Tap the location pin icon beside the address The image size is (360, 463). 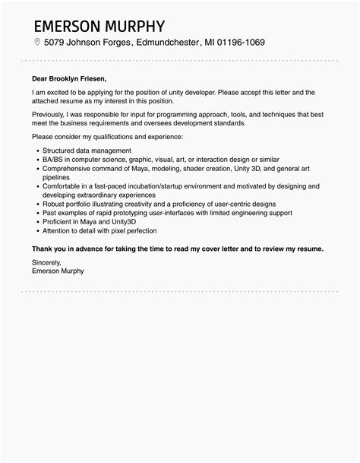point(37,42)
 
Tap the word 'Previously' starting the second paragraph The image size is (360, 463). point(51,113)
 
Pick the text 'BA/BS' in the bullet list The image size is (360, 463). point(55,160)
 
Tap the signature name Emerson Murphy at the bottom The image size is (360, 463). point(58,271)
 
